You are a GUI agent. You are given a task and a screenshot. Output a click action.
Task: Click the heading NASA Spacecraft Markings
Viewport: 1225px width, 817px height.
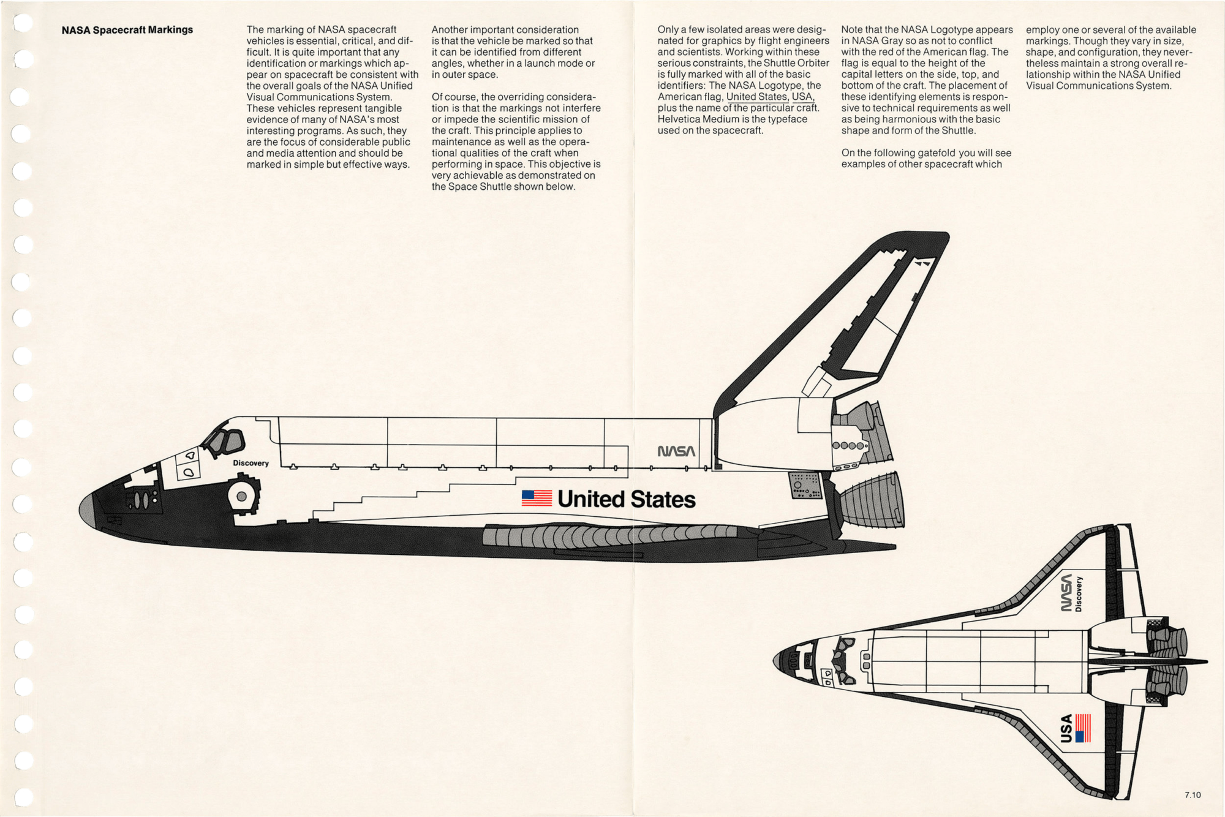tap(127, 30)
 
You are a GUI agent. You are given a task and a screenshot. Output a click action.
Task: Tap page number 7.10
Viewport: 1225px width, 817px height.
tap(1192, 795)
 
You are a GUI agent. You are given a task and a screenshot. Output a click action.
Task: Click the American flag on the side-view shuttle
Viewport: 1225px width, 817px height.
tap(537, 498)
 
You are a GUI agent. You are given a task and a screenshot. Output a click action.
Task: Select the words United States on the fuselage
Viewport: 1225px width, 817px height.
tap(626, 499)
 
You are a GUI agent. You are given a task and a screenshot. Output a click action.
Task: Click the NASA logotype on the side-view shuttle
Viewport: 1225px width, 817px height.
tap(676, 451)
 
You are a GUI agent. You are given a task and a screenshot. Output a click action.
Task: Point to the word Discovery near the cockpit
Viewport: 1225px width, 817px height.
tap(251, 463)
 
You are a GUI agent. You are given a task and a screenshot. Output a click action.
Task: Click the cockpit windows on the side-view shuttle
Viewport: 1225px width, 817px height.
tap(224, 442)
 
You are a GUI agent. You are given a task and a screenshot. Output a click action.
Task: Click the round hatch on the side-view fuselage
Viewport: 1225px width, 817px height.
tap(242, 496)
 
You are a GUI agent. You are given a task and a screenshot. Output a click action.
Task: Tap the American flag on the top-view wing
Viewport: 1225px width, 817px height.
tap(1083, 728)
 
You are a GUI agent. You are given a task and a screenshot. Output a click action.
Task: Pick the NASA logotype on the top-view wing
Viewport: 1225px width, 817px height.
tap(1066, 593)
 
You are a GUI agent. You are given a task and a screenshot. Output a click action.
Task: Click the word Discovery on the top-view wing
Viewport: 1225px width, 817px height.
tap(1079, 593)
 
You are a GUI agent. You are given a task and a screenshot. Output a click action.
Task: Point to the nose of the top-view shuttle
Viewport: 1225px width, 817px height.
tap(779, 661)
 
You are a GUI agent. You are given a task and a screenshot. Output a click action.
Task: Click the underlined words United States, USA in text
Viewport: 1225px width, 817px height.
tap(770, 97)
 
